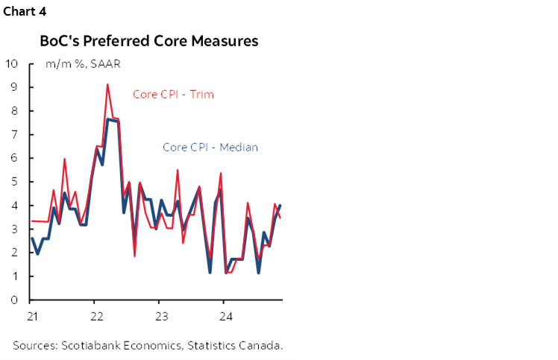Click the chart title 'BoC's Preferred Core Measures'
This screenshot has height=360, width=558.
tap(148, 41)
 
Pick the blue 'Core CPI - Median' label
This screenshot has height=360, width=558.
tap(210, 147)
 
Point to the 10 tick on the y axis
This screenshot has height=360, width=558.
tap(12, 63)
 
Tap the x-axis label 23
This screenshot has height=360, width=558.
tap(160, 315)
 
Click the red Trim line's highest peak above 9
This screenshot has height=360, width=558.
tap(107, 84)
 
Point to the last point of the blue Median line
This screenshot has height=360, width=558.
tap(280, 206)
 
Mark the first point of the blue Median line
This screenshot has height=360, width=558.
tap(31, 239)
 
